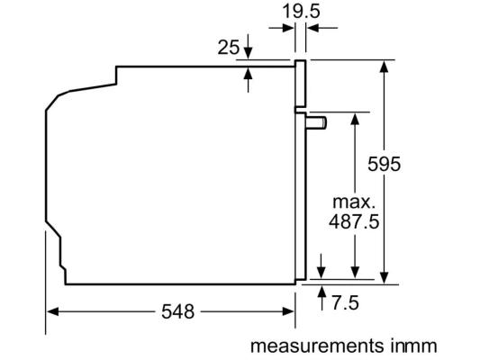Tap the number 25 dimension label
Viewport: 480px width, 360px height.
coord(229,48)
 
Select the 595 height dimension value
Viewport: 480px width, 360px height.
coord(384,164)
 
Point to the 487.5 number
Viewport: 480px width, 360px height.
coord(354,221)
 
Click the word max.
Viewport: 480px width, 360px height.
coord(354,202)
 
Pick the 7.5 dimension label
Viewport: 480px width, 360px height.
coord(345,303)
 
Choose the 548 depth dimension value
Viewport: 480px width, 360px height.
coord(177,311)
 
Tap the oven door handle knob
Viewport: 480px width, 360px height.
coord(316,123)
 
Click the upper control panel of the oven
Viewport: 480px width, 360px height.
coord(300,84)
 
